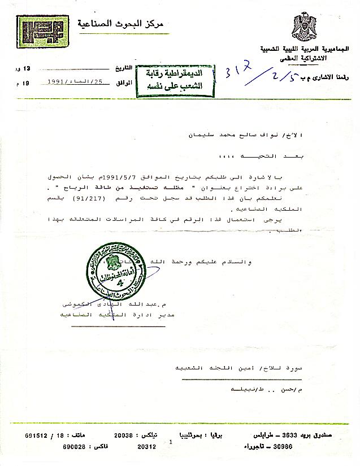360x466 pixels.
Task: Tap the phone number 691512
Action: pyautogui.click(x=36, y=435)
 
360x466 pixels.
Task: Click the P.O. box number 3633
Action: pyautogui.click(x=287, y=435)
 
